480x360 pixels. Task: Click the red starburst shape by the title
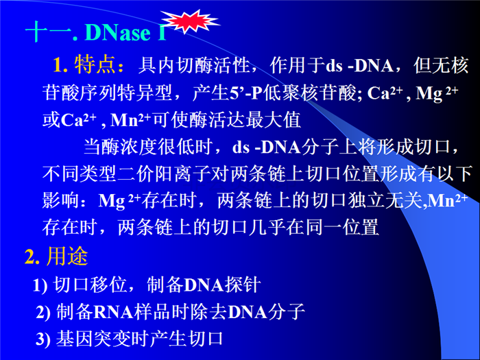click(x=190, y=21)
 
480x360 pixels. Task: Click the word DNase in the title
click(x=118, y=32)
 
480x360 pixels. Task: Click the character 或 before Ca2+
click(x=51, y=119)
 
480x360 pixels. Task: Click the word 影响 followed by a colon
click(x=61, y=201)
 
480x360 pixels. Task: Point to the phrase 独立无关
click(x=385, y=201)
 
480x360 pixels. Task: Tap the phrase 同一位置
click(x=341, y=227)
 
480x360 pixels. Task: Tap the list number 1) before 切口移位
click(x=40, y=285)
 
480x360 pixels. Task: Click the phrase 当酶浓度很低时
click(x=148, y=147)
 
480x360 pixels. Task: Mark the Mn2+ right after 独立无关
click(x=448, y=200)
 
